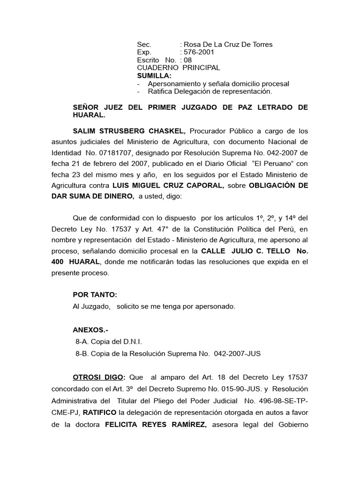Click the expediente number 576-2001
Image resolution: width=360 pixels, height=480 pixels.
pos(200,52)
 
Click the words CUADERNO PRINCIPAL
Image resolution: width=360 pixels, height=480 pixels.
pos(178,68)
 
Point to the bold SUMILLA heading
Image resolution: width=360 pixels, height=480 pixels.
pos(154,75)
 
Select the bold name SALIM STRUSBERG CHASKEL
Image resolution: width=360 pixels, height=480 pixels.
pos(129,130)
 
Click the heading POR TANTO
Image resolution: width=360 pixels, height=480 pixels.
pos(95,295)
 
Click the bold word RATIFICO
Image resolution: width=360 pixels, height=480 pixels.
pos(99,412)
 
